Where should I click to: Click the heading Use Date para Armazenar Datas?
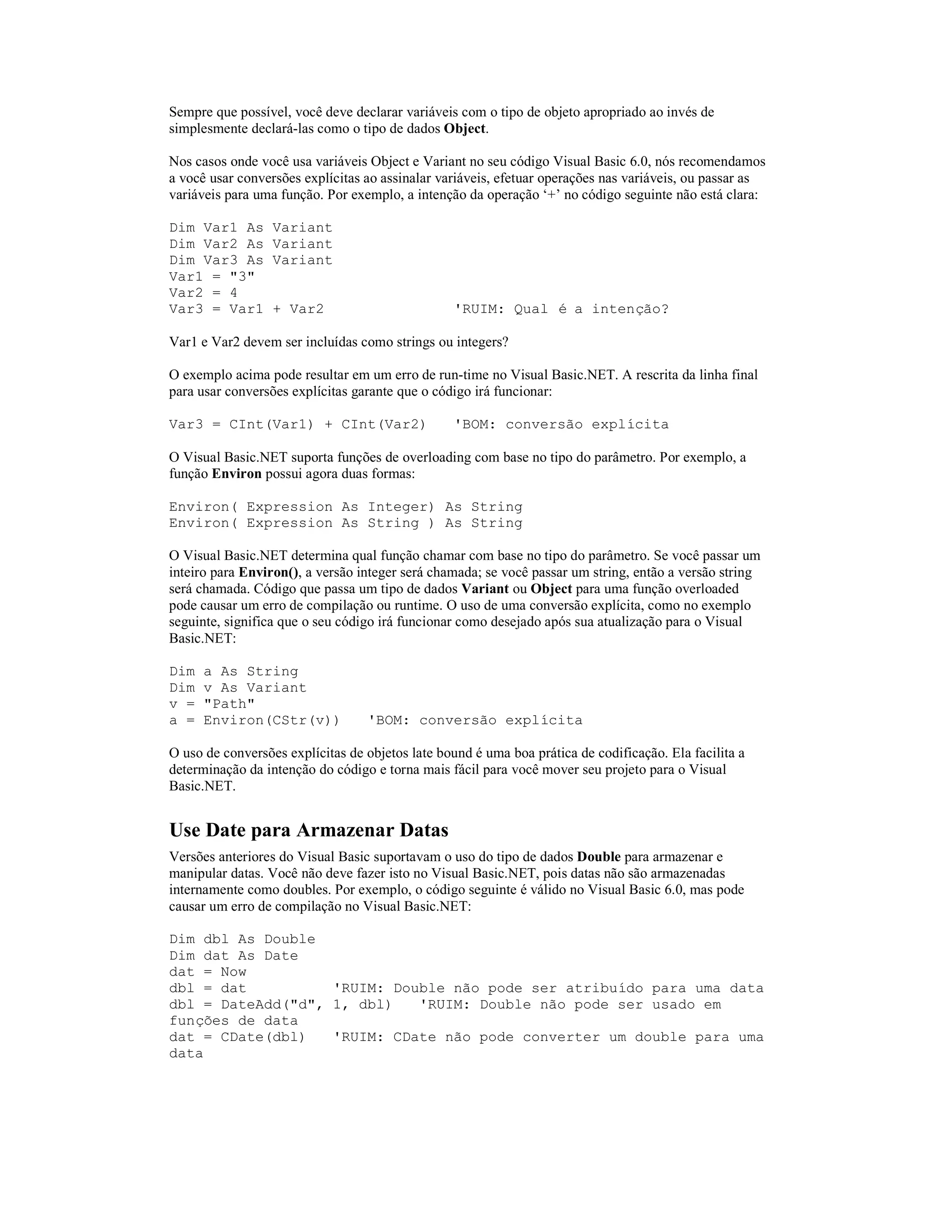[x=308, y=830]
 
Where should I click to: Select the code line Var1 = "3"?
[x=212, y=277]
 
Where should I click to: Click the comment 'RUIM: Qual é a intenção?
[x=562, y=309]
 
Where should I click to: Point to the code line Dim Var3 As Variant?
[x=250, y=260]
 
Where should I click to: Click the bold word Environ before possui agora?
[x=236, y=474]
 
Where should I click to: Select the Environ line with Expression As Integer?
[x=346, y=507]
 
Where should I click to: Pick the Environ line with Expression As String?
[x=346, y=523]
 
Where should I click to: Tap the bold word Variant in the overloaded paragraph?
[x=484, y=589]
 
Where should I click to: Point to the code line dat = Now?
[x=207, y=972]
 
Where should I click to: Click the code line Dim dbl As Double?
[x=242, y=939]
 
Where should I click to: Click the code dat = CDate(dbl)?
[x=237, y=1038]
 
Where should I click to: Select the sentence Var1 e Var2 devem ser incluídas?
[x=338, y=343]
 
